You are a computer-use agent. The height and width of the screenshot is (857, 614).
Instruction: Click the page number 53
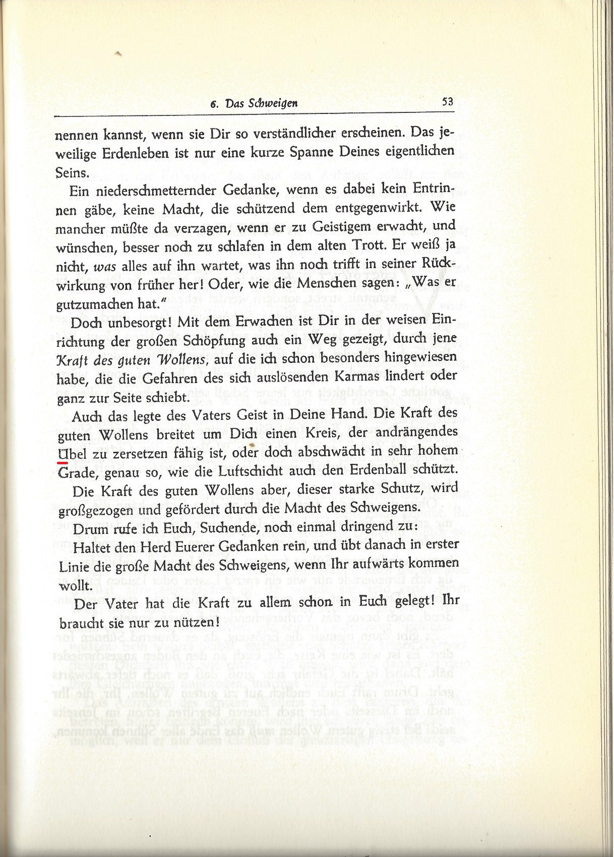tap(447, 101)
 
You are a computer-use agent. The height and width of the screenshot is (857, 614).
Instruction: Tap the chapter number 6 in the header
tap(214, 104)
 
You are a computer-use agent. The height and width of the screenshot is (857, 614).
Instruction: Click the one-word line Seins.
tap(72, 172)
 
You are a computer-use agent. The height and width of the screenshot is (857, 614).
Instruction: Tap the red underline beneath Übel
tap(63, 461)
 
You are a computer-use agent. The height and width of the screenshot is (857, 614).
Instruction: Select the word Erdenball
tap(381, 471)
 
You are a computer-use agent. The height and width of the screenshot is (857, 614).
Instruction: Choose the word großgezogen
tap(103, 510)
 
